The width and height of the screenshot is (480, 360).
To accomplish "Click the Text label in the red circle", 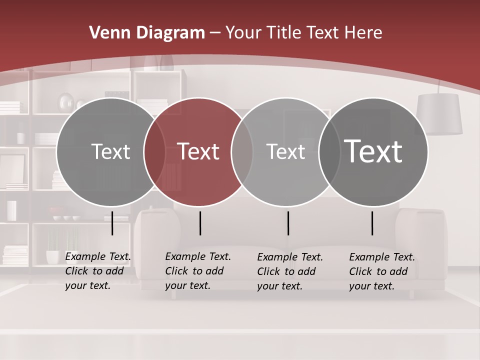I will pyautogui.click(x=198, y=151).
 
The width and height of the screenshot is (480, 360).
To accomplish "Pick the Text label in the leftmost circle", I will pyautogui.click(x=110, y=151).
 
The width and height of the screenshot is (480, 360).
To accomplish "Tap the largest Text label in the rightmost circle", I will pyautogui.click(x=373, y=151).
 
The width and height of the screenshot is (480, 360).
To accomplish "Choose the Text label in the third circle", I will pyautogui.click(x=286, y=151).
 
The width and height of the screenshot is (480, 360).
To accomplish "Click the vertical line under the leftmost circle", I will pyautogui.click(x=112, y=223).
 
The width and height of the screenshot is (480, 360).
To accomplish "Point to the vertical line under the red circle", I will pyautogui.click(x=200, y=223).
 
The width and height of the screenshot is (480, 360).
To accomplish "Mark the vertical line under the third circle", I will pyautogui.click(x=288, y=223).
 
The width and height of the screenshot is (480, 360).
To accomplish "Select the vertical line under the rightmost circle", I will pyautogui.click(x=372, y=223).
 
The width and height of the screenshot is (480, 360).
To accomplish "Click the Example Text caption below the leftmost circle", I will pyautogui.click(x=97, y=271).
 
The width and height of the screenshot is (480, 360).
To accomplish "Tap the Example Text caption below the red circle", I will pyautogui.click(x=197, y=271).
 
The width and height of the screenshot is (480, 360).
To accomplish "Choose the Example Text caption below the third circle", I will pyautogui.click(x=289, y=271).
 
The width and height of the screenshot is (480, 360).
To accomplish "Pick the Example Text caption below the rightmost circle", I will pyautogui.click(x=381, y=271).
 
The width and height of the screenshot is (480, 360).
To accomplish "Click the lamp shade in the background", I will pyautogui.click(x=439, y=114).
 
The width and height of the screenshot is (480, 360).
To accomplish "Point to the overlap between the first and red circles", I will pyautogui.click(x=154, y=151).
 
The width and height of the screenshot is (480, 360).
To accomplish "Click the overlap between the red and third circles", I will pyautogui.click(x=242, y=151).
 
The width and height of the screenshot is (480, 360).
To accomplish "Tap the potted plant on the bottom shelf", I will pyautogui.click(x=52, y=247).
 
